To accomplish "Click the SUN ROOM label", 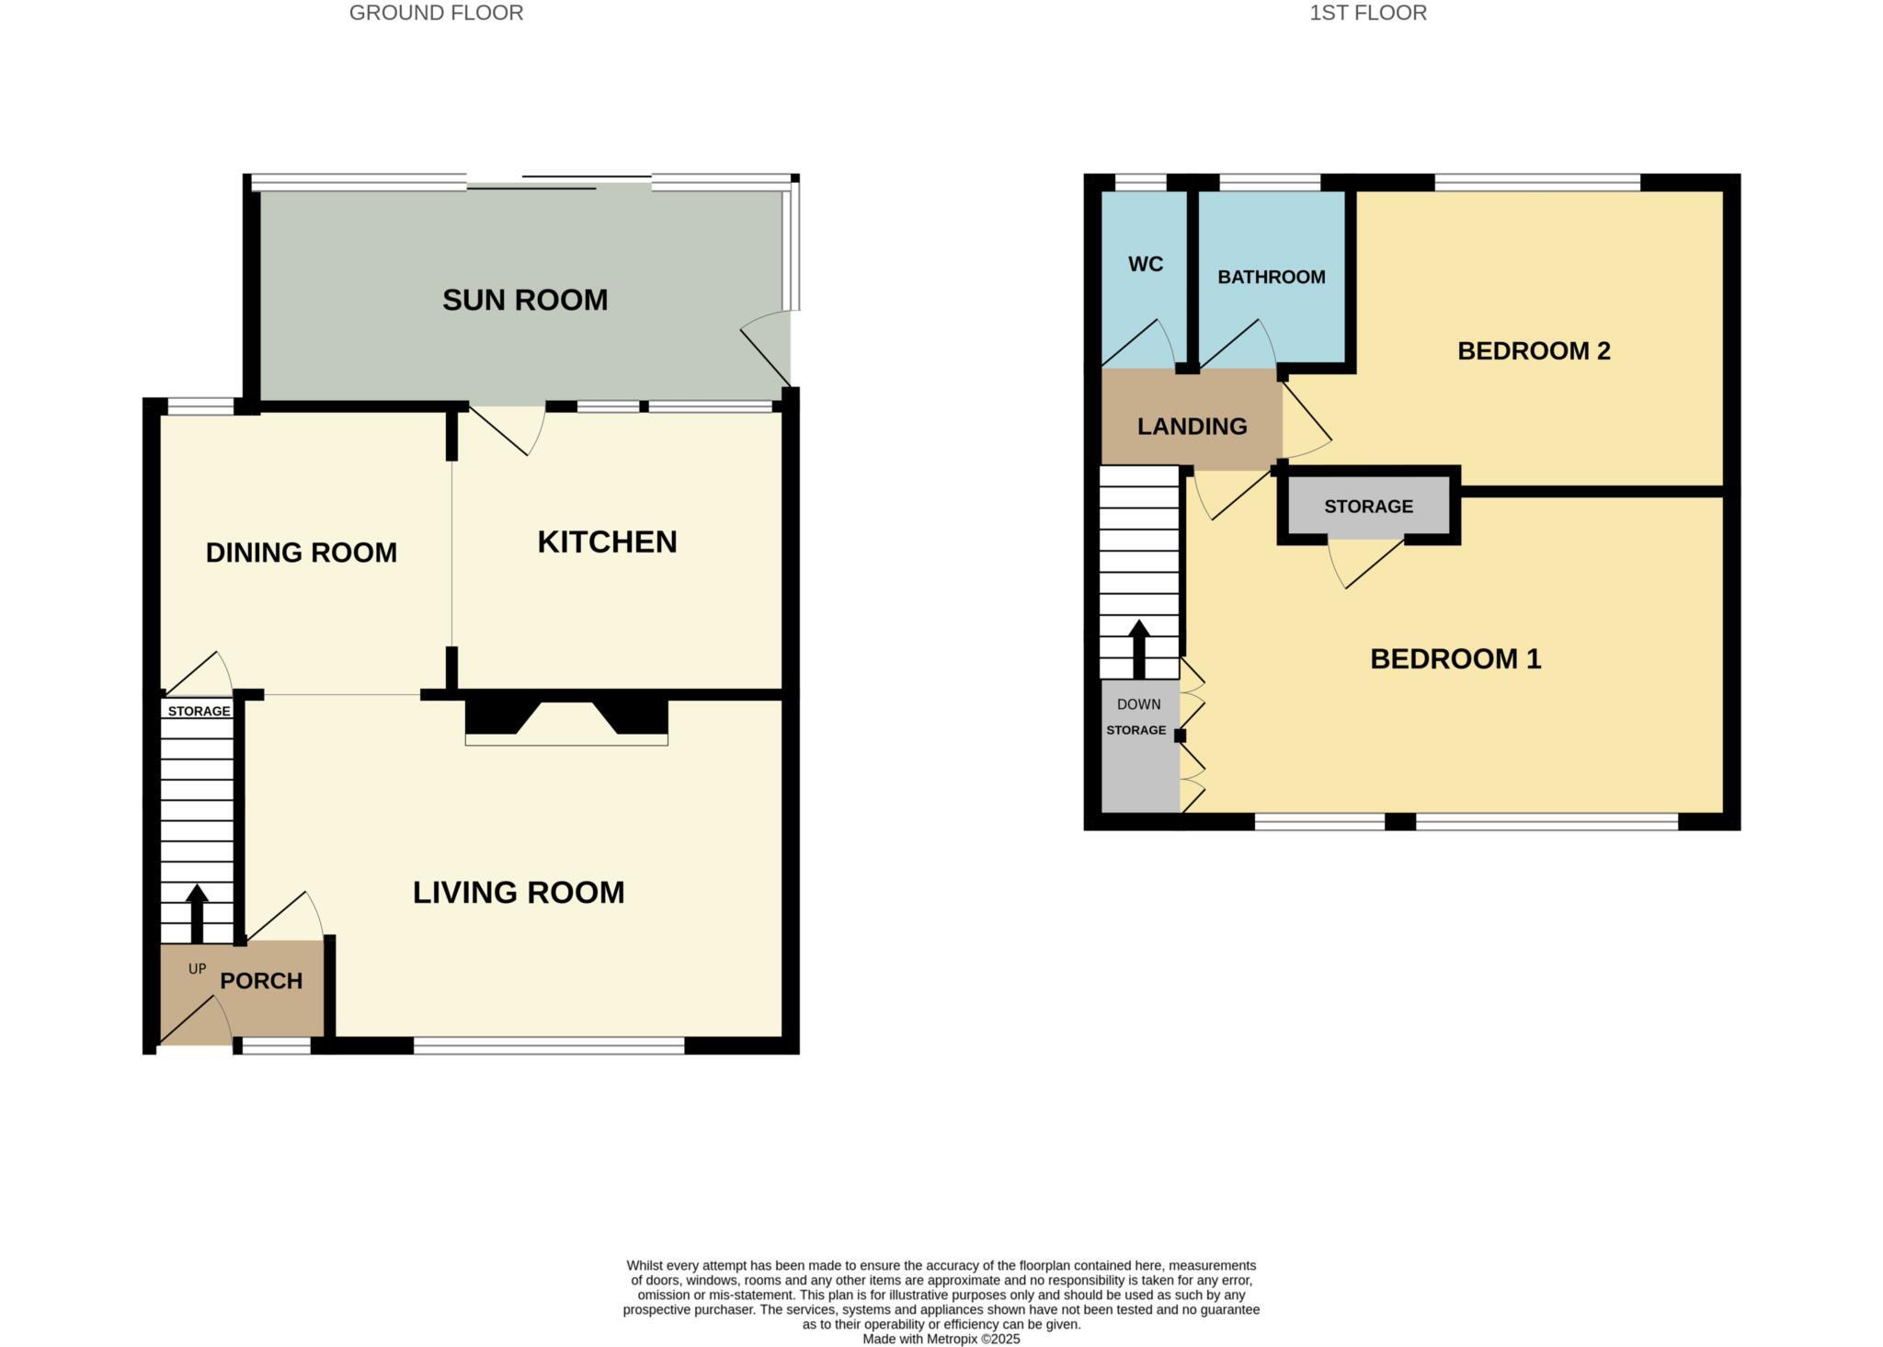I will (525, 300).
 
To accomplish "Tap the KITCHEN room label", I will (607, 542).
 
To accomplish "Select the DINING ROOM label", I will (301, 552).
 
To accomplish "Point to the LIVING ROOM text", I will (519, 892).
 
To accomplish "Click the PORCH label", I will (261, 980).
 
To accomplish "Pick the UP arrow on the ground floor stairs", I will (197, 912).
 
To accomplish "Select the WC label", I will (1146, 264).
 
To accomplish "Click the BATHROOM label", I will (1271, 277).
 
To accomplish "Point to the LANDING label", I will (1192, 426).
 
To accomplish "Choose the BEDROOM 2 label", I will (1534, 350).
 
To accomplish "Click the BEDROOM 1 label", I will (1455, 658).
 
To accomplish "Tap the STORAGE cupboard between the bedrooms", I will (1368, 506).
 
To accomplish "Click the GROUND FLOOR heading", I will (436, 13).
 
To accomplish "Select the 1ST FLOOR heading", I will (1367, 13).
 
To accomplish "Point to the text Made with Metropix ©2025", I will (941, 1339).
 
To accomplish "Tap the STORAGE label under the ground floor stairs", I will (199, 711).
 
